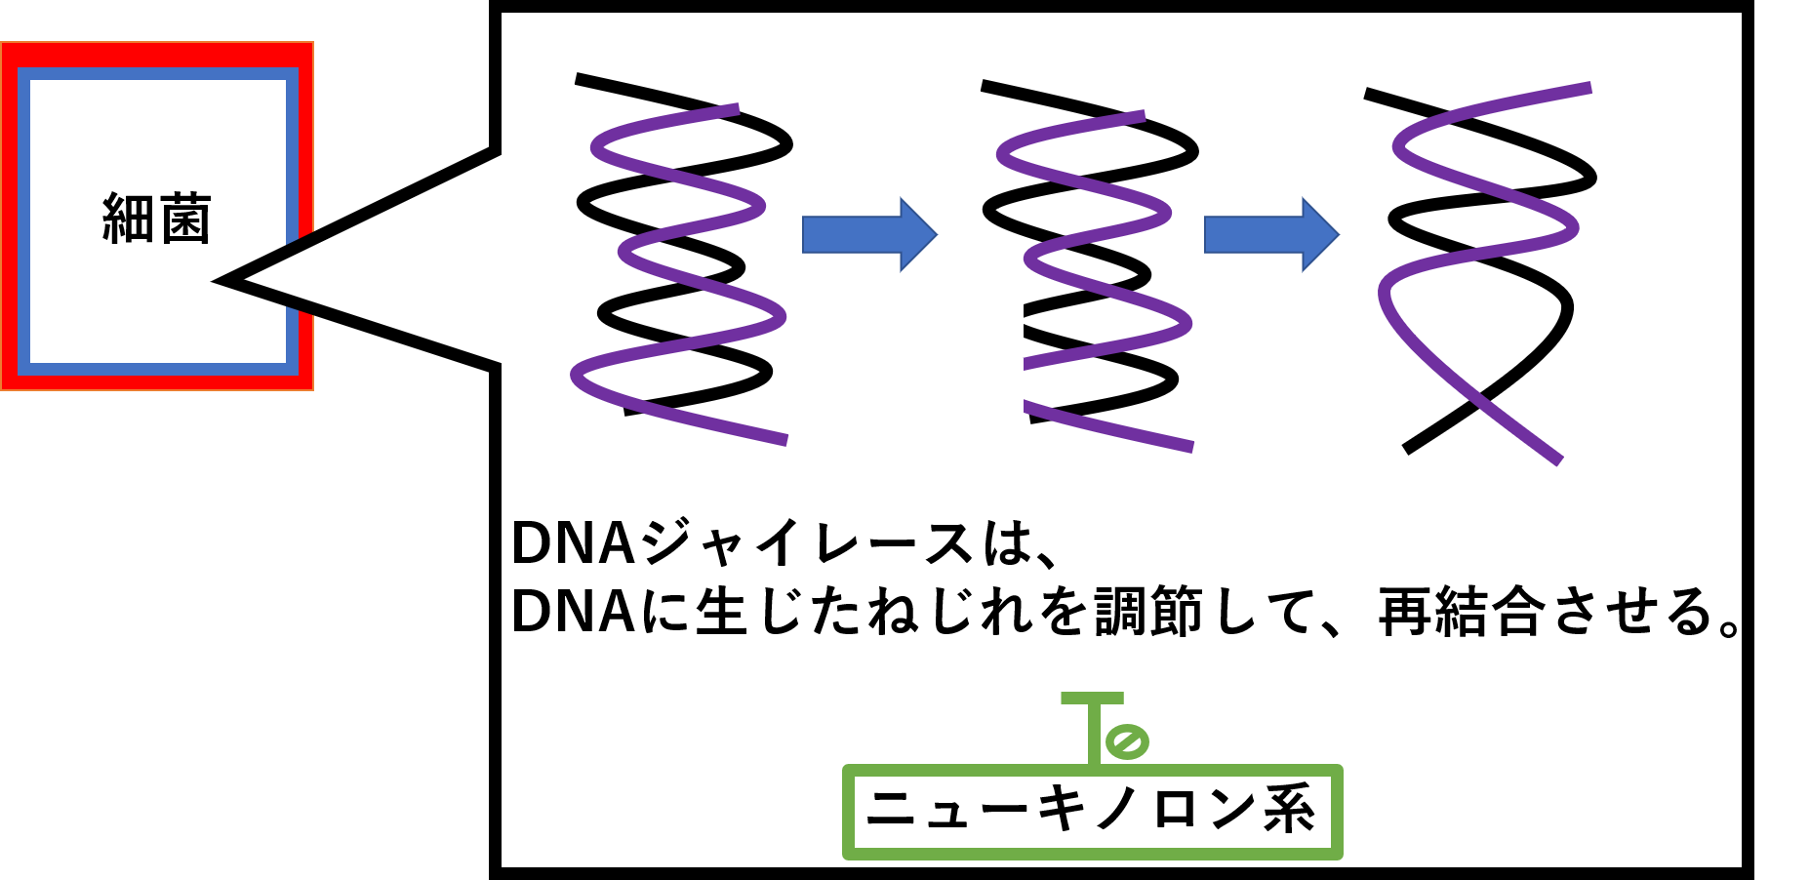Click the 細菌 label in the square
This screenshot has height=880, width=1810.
click(157, 219)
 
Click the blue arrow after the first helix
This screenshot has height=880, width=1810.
click(868, 234)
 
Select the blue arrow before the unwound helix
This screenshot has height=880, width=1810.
click(1270, 234)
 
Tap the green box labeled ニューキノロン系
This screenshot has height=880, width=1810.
click(1092, 812)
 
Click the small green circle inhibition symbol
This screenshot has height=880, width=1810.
click(1126, 741)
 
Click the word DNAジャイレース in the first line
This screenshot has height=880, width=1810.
click(742, 543)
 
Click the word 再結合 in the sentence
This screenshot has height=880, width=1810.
click(1462, 613)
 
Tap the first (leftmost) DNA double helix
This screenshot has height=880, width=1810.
click(683, 259)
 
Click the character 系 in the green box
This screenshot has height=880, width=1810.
click(1289, 810)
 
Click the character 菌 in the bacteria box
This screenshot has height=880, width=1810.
click(185, 219)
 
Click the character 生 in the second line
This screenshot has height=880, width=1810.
click(721, 613)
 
